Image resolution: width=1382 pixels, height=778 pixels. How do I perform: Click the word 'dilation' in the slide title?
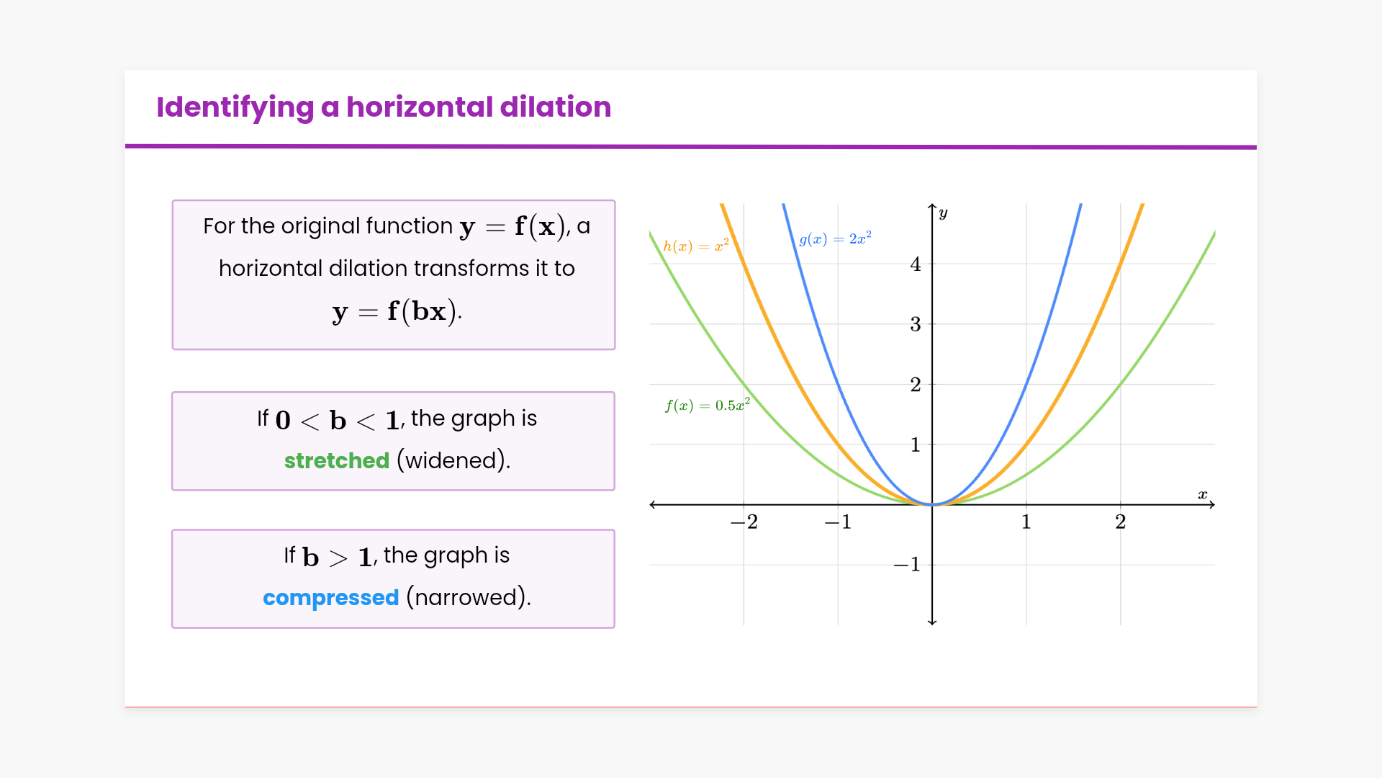[556, 107]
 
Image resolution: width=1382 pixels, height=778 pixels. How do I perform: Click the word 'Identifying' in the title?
[235, 108]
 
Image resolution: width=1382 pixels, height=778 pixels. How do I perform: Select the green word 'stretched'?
[337, 460]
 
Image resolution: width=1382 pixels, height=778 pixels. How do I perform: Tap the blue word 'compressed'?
[331, 598]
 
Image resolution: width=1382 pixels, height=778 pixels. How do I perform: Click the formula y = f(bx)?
[395, 311]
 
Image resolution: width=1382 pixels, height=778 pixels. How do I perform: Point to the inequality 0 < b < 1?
[337, 420]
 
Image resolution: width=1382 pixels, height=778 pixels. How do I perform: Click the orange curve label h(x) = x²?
[696, 246]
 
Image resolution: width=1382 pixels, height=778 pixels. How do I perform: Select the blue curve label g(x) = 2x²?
[836, 238]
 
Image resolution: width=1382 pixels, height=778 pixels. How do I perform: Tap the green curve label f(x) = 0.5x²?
[708, 405]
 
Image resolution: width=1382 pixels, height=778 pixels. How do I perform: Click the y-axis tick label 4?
[916, 264]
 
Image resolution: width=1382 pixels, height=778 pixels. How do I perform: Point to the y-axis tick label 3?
[916, 324]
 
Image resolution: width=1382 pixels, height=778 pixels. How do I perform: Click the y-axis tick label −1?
[907, 564]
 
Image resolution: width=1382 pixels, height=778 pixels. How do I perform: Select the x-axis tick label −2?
[744, 522]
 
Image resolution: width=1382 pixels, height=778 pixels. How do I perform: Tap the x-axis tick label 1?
[1026, 522]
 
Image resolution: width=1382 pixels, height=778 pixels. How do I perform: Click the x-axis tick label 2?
[1121, 522]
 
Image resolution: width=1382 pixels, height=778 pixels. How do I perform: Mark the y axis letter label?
[943, 213]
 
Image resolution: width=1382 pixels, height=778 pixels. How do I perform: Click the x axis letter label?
[1203, 494]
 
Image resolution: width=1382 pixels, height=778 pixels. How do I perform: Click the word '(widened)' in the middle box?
[453, 460]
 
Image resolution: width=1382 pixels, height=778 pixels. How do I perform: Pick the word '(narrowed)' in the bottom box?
[469, 597]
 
